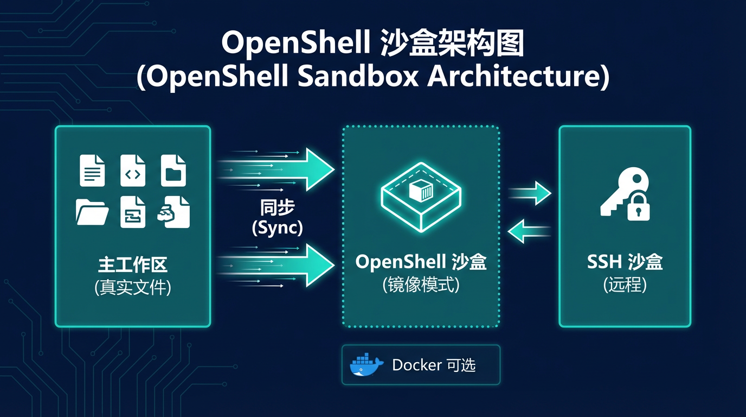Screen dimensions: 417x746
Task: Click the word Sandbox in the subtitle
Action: click(358, 77)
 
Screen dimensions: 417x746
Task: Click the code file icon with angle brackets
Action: click(133, 171)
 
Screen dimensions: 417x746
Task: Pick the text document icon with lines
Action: click(92, 170)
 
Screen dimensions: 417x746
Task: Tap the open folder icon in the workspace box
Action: click(92, 212)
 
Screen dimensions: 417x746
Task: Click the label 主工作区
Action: click(133, 266)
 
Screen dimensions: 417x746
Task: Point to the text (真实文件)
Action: click(133, 287)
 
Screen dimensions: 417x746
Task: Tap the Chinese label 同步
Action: click(278, 208)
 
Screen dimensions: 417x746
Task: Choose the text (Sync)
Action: click(278, 228)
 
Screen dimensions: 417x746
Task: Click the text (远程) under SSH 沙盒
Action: click(625, 285)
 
